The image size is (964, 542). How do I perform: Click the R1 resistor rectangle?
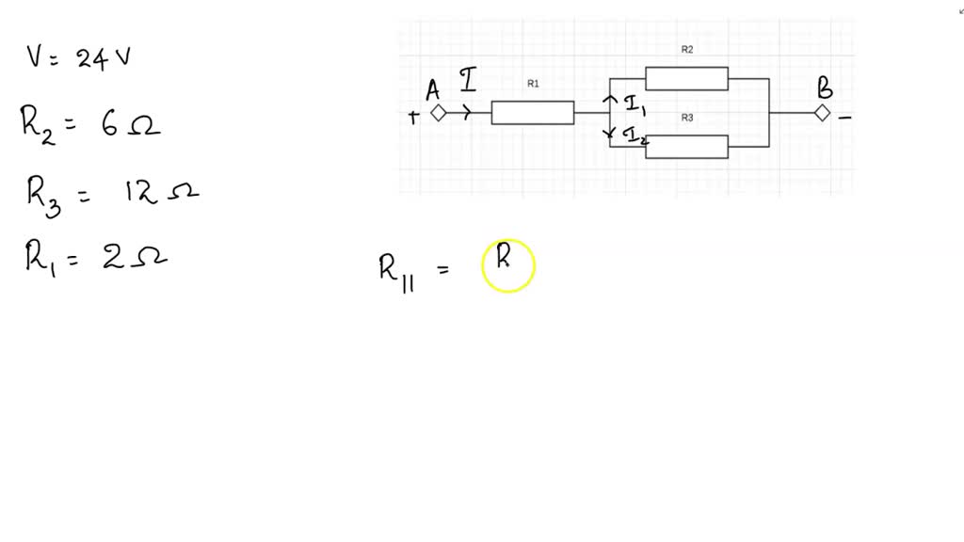point(533,113)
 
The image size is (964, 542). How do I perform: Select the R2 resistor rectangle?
point(686,79)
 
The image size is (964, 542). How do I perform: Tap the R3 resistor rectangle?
point(686,147)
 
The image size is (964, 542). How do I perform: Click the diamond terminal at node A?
point(438,113)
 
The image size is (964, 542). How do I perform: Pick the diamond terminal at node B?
point(822,113)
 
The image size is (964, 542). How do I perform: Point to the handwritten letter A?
point(433,90)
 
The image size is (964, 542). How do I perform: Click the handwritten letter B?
point(825,89)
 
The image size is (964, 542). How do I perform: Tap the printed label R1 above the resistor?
point(533,84)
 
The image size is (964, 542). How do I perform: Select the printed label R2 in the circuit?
point(686,49)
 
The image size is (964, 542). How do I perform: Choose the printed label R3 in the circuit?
point(686,118)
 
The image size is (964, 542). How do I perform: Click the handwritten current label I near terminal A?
point(468,81)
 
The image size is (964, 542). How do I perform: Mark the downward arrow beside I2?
point(610,133)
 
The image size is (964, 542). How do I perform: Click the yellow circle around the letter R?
point(508,265)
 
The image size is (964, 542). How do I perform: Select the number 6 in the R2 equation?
point(110,124)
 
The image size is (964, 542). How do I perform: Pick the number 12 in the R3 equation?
point(139,193)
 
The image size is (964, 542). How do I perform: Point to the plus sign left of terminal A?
point(412,117)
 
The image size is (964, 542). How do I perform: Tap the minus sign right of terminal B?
point(845,118)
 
